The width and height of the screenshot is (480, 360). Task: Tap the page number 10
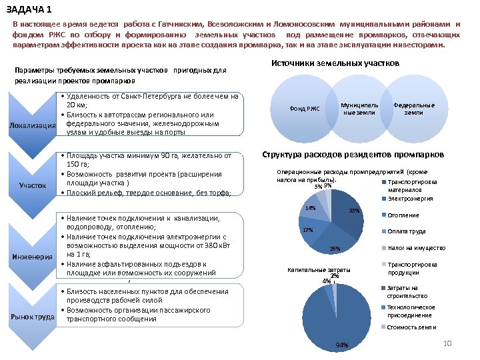pyautogui.click(x=448, y=343)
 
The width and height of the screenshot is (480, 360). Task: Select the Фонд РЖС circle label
pyautogui.click(x=305, y=109)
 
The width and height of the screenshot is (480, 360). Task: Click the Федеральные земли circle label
pyautogui.click(x=414, y=109)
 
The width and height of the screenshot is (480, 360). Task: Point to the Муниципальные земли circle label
pyautogui.click(x=359, y=109)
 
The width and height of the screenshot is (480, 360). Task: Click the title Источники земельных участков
pyautogui.click(x=335, y=63)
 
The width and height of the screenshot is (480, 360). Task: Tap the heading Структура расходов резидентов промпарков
pyautogui.click(x=353, y=155)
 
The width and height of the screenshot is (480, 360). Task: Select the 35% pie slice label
pyautogui.click(x=354, y=211)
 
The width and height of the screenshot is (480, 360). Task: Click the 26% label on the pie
pyautogui.click(x=335, y=249)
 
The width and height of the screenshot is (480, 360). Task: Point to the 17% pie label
pyautogui.click(x=308, y=230)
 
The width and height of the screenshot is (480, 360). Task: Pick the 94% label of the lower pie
pyautogui.click(x=343, y=345)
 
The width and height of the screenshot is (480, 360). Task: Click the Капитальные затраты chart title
pyautogui.click(x=319, y=269)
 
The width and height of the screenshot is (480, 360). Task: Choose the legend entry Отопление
pyautogui.click(x=403, y=215)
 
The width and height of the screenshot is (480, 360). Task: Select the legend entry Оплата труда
pyautogui.click(x=407, y=231)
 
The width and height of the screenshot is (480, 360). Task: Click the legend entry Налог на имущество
pyautogui.click(x=416, y=247)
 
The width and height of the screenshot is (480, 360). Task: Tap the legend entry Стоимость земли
pyautogui.click(x=411, y=327)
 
